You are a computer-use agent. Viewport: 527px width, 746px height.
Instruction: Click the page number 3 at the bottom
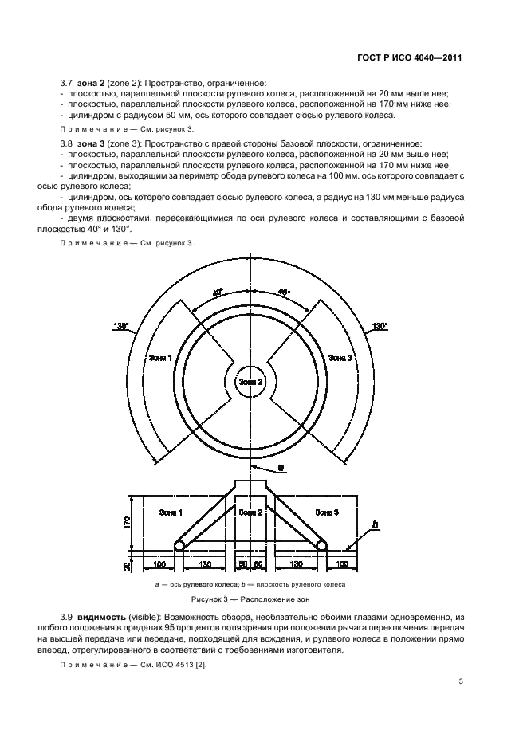pyautogui.click(x=461, y=681)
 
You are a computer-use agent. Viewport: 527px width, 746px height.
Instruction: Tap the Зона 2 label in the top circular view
pyautogui.click(x=250, y=382)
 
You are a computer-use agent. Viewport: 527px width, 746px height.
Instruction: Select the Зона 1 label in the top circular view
pyautogui.click(x=160, y=359)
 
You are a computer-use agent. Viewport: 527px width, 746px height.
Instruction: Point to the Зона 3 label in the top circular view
pyautogui.click(x=340, y=359)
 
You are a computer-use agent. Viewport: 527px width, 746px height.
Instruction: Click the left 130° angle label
pyautogui.click(x=121, y=327)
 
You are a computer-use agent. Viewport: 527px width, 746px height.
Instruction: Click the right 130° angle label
pyautogui.click(x=380, y=327)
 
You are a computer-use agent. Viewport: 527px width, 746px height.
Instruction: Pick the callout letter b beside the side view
pyautogui.click(x=375, y=525)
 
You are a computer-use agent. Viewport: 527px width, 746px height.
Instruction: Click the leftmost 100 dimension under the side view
pyautogui.click(x=159, y=563)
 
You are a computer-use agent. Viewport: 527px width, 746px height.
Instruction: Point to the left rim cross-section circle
pyautogui.click(x=180, y=547)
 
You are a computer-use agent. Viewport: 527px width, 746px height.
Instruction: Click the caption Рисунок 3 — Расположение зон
pyautogui.click(x=250, y=598)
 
